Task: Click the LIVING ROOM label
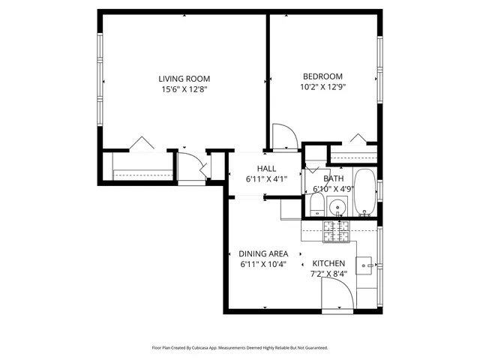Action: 184,78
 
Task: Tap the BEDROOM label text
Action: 322,76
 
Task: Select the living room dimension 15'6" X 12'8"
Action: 184,89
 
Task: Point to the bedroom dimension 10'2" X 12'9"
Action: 322,87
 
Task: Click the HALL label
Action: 266,169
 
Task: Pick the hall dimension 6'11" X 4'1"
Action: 266,179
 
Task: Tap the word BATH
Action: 334,178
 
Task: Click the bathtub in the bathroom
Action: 365,193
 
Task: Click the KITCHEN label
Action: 328,263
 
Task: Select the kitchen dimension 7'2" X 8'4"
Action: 328,274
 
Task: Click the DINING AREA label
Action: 263,253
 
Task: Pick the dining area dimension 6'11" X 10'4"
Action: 263,264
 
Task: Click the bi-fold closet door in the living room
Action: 141,142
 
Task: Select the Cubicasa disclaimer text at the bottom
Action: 240,348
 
